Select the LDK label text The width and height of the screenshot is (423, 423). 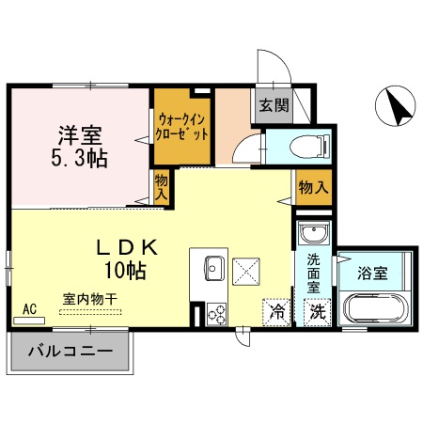(x=128, y=247)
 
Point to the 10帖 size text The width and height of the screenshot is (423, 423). (x=125, y=272)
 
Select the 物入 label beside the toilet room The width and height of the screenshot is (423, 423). (x=313, y=188)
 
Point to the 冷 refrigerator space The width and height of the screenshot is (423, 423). (x=278, y=310)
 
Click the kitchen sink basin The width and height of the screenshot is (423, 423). (x=210, y=268)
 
